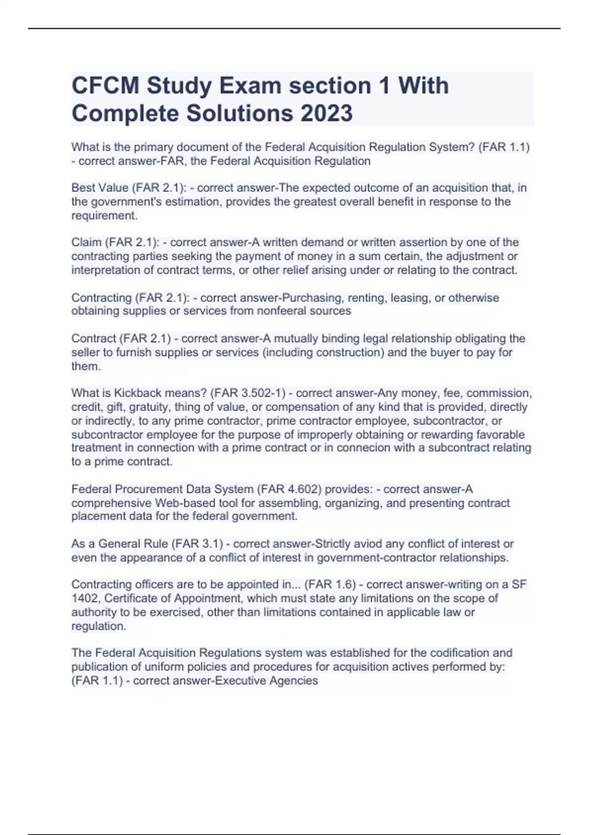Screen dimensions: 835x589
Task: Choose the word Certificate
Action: pyautogui.click(x=132, y=598)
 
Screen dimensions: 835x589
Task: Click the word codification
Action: pyautogui.click(x=453, y=653)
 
